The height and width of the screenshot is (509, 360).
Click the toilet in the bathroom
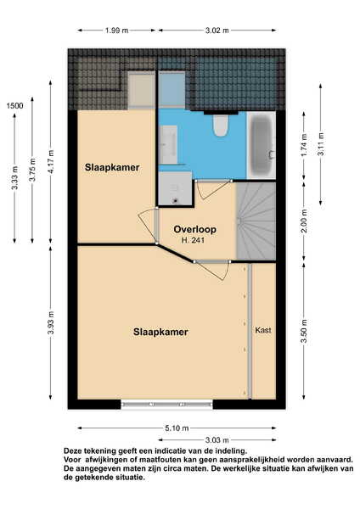(221, 126)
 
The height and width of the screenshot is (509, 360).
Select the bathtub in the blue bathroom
(262, 145)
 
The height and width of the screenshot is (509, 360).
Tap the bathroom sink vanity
(169, 144)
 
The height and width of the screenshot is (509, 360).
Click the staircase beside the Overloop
(256, 221)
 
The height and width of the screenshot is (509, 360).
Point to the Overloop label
(195, 230)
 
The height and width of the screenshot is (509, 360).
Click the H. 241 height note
(193, 241)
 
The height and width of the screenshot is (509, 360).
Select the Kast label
(263, 330)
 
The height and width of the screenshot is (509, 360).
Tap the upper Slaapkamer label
(112, 167)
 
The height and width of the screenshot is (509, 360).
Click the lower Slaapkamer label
(160, 332)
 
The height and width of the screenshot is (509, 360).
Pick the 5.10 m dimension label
(177, 428)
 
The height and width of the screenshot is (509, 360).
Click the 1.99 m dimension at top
(116, 31)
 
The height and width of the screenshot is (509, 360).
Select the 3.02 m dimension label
(217, 31)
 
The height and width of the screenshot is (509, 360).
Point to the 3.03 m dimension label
(217, 440)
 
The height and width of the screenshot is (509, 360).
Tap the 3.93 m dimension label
(51, 322)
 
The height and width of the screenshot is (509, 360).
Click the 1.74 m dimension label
(304, 145)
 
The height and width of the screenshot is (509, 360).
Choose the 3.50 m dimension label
(304, 331)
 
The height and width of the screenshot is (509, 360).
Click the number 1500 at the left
(15, 105)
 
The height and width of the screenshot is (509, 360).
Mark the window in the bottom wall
(166, 405)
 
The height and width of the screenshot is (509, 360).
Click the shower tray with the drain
(176, 188)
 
